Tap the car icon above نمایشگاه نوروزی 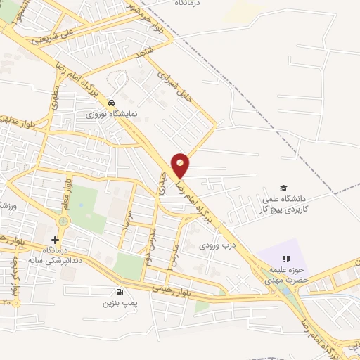tap(111, 101)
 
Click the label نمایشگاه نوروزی tap(111, 112)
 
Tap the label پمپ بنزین tap(118, 303)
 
